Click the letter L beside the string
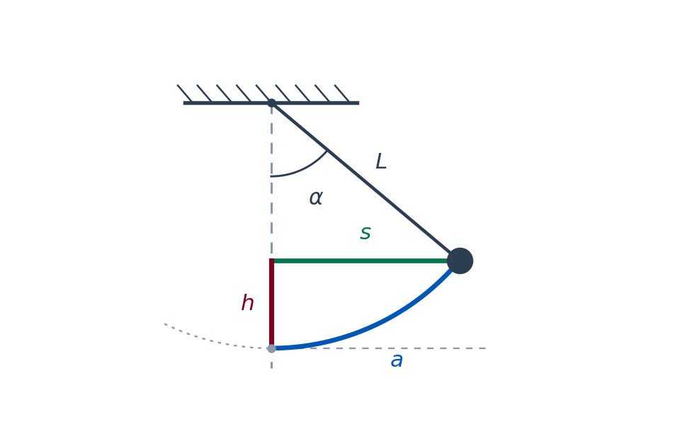point(381,161)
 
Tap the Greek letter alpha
point(316,198)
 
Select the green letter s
point(365,233)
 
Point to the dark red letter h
point(248,302)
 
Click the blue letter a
point(397,360)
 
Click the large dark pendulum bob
point(460,261)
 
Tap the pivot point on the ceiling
point(271,103)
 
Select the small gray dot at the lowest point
point(271,348)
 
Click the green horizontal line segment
point(360,261)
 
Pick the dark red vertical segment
point(271,304)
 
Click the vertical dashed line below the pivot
point(271,182)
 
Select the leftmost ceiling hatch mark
point(185,93)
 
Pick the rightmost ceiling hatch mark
point(341,93)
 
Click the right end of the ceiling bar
point(359,103)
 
